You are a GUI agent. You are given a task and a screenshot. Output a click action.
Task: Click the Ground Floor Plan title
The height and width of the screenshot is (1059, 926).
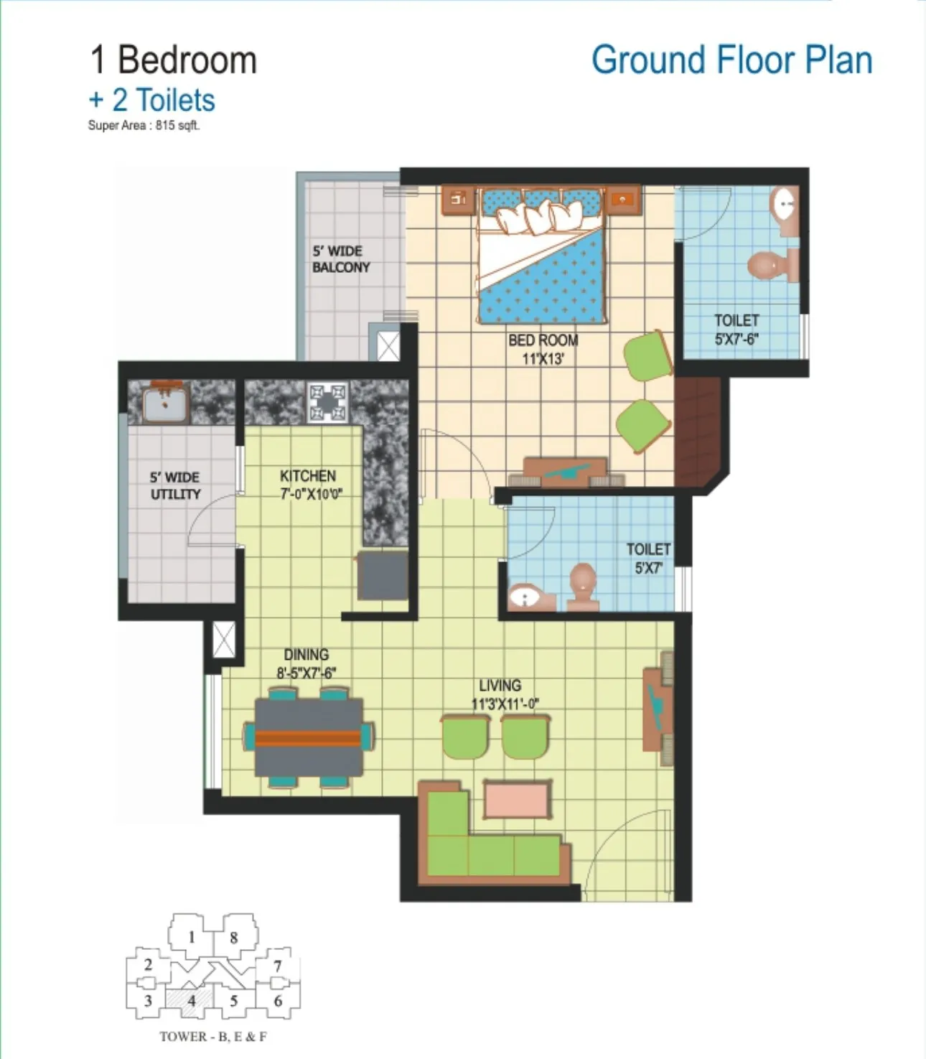(x=731, y=60)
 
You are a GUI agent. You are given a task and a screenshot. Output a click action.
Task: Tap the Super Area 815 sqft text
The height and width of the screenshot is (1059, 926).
(x=144, y=125)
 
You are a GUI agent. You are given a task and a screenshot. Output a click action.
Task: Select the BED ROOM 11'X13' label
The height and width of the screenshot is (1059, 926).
(x=543, y=350)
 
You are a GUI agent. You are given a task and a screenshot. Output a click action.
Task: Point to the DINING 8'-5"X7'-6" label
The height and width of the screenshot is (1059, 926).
(x=307, y=663)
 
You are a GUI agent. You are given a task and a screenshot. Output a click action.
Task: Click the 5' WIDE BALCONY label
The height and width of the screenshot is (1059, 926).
(x=342, y=259)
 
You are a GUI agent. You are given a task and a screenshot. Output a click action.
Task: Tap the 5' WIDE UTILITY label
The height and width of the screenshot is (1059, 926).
(x=175, y=485)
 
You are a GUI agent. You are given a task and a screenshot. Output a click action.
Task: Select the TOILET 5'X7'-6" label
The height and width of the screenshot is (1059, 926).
(x=736, y=330)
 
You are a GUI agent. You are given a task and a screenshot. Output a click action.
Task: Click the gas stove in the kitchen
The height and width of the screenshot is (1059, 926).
(x=327, y=402)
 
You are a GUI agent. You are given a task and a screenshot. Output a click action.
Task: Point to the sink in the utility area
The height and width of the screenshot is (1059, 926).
(x=164, y=403)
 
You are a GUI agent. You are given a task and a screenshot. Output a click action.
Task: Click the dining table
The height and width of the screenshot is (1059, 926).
(x=309, y=737)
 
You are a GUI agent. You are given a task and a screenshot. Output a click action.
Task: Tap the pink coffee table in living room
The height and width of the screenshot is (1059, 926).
(x=517, y=800)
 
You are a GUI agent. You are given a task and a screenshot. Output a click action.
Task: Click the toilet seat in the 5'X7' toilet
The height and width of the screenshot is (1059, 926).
(x=583, y=587)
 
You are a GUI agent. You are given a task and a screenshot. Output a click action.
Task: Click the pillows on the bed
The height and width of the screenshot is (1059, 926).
(x=536, y=216)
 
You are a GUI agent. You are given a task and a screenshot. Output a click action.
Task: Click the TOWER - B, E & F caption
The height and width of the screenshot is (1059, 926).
(x=213, y=1036)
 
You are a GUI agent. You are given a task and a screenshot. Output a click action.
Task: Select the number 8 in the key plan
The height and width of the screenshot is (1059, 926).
(x=234, y=938)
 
